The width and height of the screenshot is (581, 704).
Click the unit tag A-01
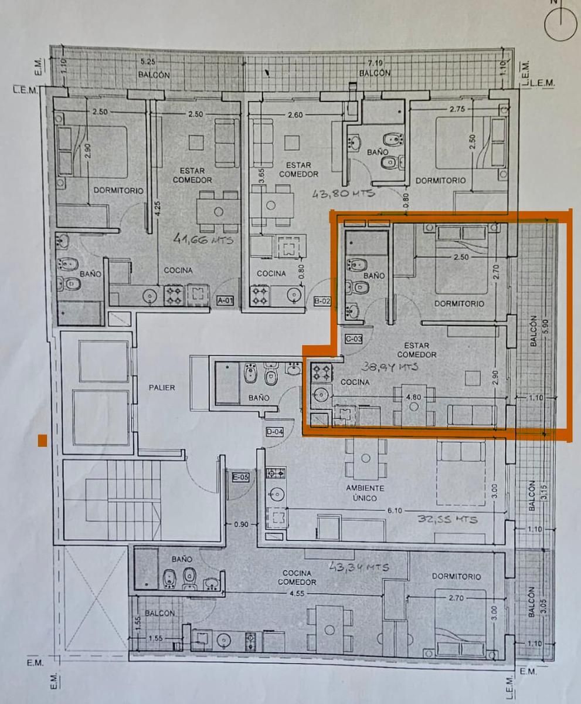(x=225, y=300)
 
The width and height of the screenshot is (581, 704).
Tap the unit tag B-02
(x=322, y=301)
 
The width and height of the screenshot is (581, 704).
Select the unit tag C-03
(x=354, y=339)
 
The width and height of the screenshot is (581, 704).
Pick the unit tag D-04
(x=274, y=432)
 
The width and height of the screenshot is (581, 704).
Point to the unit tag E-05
(x=241, y=477)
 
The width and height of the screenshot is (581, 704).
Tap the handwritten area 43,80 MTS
(x=344, y=194)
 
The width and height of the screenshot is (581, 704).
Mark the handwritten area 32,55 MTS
(x=447, y=519)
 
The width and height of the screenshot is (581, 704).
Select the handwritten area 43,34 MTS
(x=359, y=567)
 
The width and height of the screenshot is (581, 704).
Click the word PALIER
(x=162, y=388)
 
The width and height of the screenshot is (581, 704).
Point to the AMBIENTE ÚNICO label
(x=365, y=493)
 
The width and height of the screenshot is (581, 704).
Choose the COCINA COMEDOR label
(x=297, y=577)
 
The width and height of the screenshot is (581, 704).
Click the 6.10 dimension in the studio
(x=395, y=511)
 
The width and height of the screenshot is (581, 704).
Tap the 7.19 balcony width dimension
(x=375, y=62)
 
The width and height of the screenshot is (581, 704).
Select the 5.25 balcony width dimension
(x=148, y=62)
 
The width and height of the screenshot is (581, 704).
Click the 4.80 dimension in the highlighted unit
(x=413, y=397)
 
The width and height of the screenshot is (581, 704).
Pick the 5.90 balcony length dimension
(x=546, y=326)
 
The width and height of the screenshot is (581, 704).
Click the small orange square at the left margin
(x=42, y=441)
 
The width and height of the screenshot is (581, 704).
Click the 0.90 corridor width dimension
(x=242, y=524)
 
